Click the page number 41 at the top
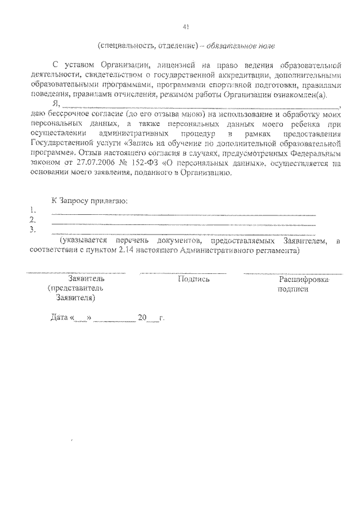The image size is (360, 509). [x=186, y=27]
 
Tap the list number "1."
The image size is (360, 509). [x=33, y=210]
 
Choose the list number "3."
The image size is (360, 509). [x=33, y=229]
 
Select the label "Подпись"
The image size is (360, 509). [x=193, y=278]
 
